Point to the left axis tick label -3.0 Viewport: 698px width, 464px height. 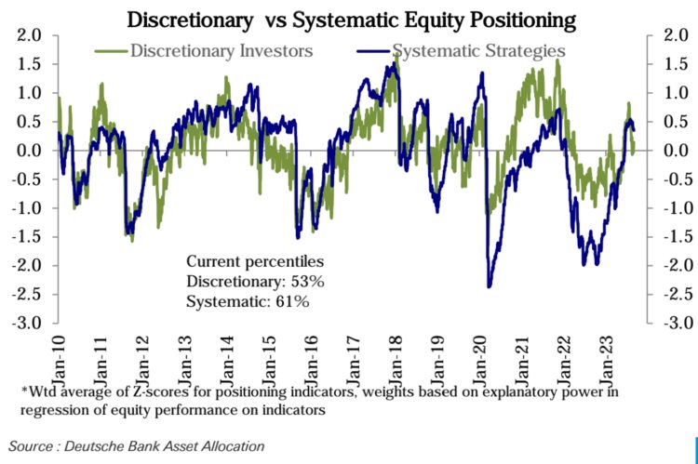27,323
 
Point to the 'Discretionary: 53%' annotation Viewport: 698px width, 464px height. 255,282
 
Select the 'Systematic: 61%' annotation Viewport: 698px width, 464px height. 248,301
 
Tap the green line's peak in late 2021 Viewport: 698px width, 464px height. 557,61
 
